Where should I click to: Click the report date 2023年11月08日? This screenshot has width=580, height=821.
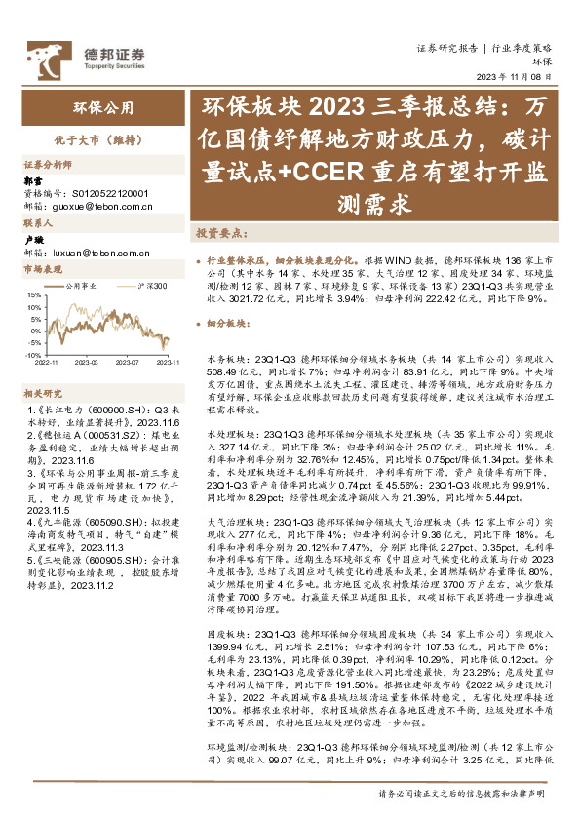point(525,78)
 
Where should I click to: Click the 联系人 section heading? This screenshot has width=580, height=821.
point(38,223)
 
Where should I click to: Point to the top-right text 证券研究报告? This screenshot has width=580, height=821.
point(446,47)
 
